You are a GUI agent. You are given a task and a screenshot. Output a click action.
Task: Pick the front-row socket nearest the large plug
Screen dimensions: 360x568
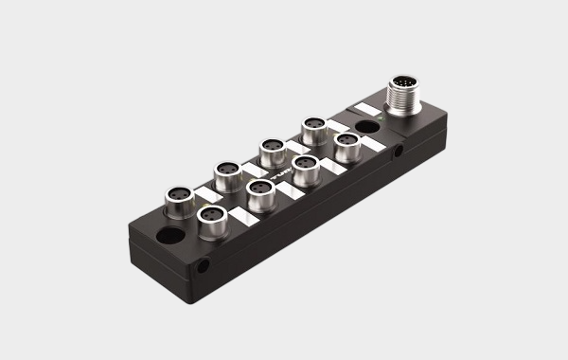click(x=347, y=142)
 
